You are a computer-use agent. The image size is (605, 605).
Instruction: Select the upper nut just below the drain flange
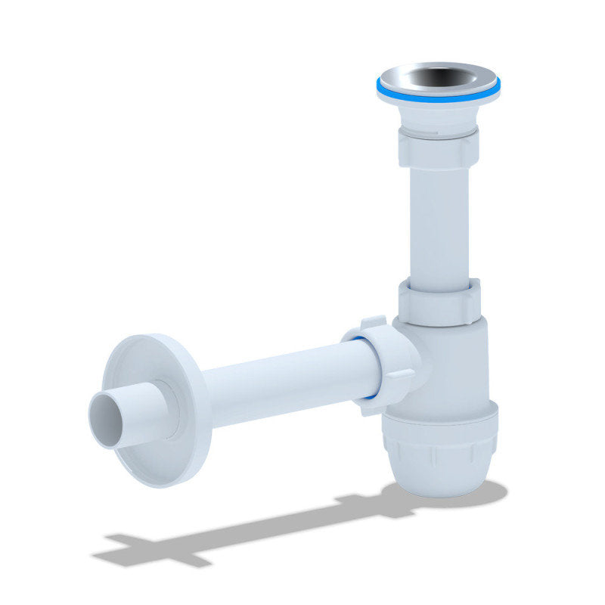(438, 147)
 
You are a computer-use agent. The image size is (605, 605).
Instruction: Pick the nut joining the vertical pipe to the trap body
(439, 300)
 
